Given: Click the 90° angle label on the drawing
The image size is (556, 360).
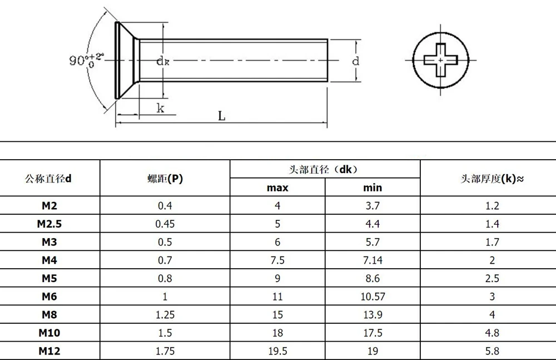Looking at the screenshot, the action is (86, 60).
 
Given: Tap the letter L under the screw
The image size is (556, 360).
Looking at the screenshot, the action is (222, 116).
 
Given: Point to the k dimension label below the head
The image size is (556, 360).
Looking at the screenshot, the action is (161, 108).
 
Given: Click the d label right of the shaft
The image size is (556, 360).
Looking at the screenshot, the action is (356, 61).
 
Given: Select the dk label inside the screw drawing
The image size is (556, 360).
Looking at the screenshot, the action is (163, 61).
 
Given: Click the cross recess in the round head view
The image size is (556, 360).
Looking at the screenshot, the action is (441, 60).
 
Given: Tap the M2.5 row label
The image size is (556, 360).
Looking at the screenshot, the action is (49, 224).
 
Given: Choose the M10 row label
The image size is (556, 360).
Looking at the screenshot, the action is (49, 333).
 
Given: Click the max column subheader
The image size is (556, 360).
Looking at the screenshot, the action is (277, 188).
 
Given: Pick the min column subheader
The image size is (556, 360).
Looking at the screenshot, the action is (373, 188).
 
